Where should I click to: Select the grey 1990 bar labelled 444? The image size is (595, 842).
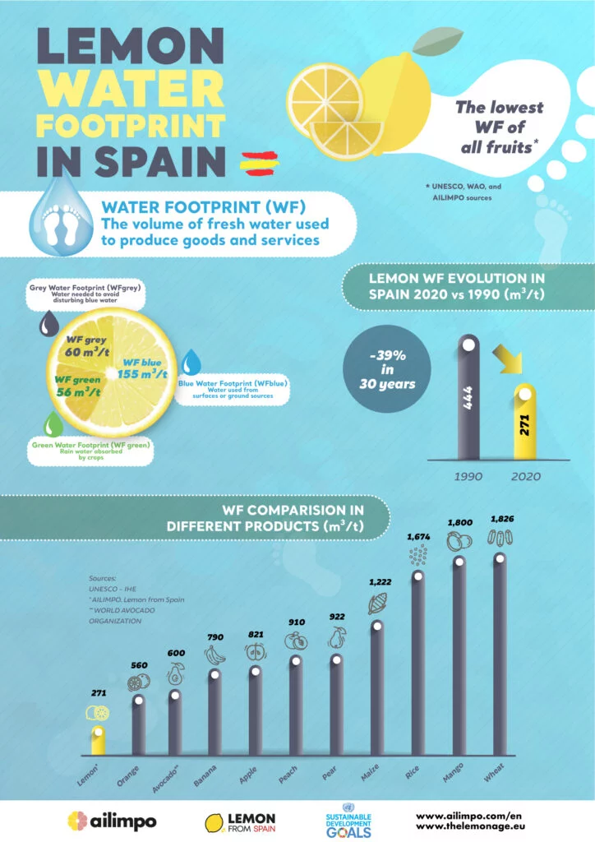tap(468, 399)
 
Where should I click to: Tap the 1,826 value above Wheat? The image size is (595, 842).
tap(500, 519)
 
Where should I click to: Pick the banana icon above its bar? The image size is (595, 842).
tap(214, 655)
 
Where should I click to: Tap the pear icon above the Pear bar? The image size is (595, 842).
tap(336, 638)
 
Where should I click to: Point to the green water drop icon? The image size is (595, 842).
tap(53, 424)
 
